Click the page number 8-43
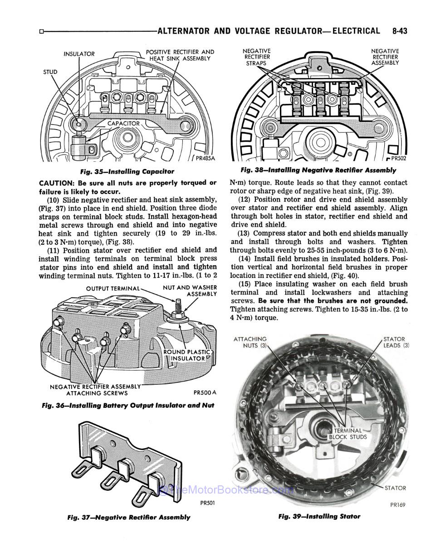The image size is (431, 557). click(x=397, y=31)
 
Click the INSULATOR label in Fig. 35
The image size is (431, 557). click(x=79, y=54)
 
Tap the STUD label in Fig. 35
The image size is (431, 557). click(x=50, y=72)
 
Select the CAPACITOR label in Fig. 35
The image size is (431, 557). click(x=123, y=123)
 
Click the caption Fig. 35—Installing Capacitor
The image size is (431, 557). click(x=127, y=171)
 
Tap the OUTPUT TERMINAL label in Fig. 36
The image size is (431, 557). click(x=113, y=289)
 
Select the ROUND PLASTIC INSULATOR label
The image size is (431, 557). click(x=187, y=355)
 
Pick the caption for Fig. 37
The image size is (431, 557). click(x=128, y=517)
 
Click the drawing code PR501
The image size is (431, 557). click(x=207, y=503)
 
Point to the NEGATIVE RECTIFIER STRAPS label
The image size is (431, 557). click(x=257, y=57)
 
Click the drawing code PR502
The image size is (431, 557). click(x=397, y=159)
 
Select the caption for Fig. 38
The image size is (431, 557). click(x=318, y=170)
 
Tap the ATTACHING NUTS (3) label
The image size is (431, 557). click(x=250, y=342)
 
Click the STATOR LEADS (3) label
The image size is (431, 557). click(x=396, y=342)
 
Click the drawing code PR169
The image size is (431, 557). click(x=397, y=504)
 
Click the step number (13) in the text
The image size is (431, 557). click(x=245, y=233)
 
